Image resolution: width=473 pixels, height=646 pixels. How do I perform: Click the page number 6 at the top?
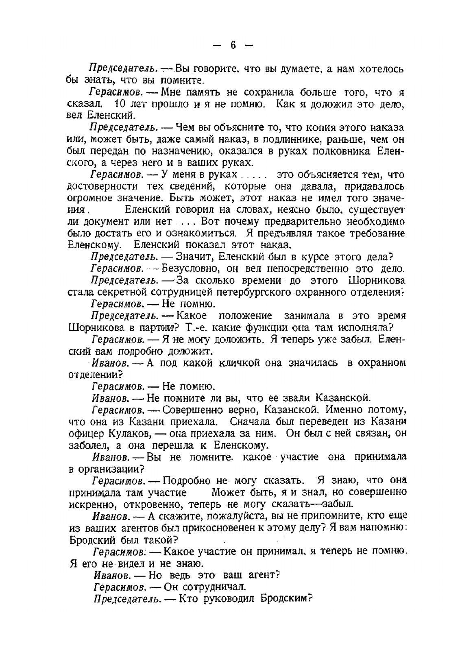click(233, 45)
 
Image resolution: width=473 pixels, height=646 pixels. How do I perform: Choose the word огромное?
click(89, 199)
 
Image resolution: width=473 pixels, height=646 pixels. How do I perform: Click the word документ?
click(116, 222)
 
